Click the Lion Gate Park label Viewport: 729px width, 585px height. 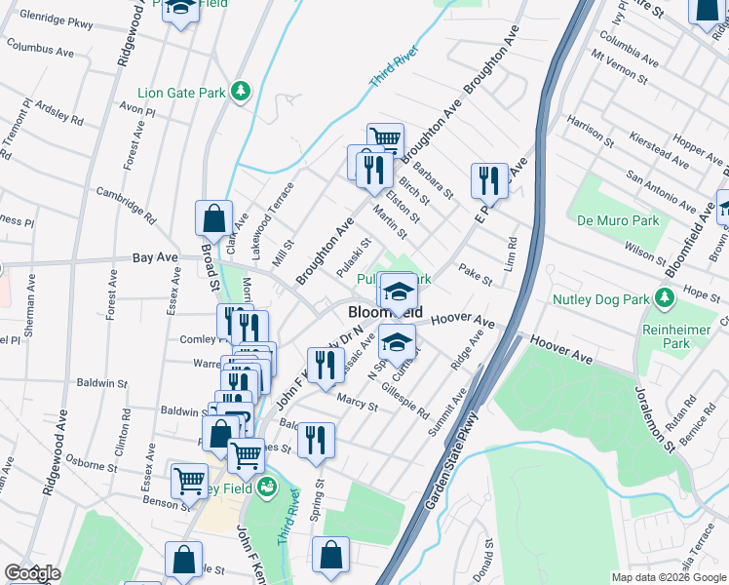coord(181,94)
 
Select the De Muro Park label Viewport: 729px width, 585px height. coord(618,220)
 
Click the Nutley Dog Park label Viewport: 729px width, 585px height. coord(601,299)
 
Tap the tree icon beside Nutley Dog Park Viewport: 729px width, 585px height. coord(668,295)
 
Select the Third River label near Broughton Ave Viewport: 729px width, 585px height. coord(394,67)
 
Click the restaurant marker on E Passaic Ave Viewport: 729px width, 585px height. coord(489,180)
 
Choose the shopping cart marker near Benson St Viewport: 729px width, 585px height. coord(188,480)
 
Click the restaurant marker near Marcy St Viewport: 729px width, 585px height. coord(326,366)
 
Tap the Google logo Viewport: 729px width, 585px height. coord(31,573)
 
